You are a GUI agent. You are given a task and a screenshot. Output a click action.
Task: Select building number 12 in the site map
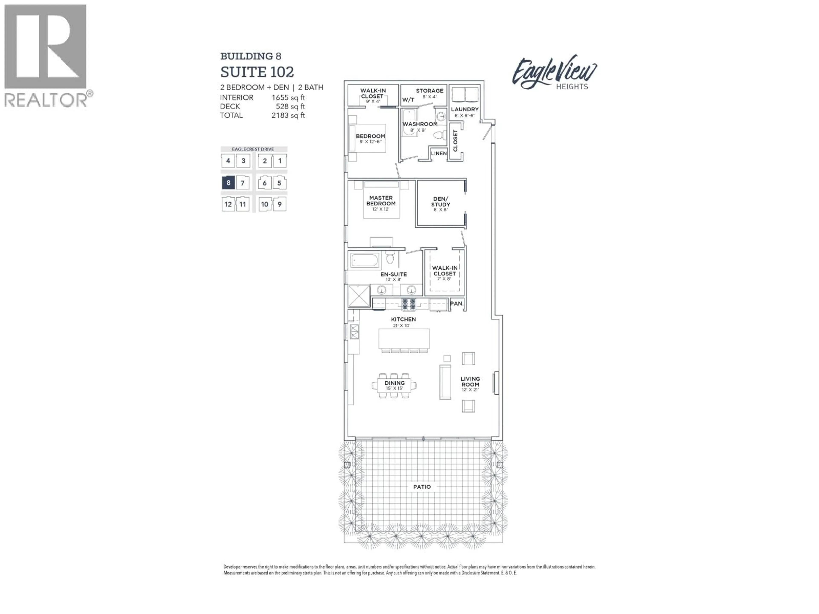tap(228, 204)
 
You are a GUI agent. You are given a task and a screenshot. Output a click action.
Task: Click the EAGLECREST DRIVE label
tap(253, 149)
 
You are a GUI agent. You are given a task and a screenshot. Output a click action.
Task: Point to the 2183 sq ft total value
tap(288, 115)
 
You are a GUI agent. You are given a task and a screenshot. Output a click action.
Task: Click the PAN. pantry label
tap(456, 304)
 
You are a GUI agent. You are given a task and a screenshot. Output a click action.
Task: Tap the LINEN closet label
tap(439, 153)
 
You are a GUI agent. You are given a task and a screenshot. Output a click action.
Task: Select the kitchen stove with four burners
tap(409, 304)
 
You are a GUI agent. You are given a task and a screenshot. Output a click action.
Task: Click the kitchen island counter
tap(404, 339)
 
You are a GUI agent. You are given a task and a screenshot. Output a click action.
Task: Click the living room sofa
tap(445, 382)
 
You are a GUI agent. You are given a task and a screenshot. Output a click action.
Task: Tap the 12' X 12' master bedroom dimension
tap(381, 209)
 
